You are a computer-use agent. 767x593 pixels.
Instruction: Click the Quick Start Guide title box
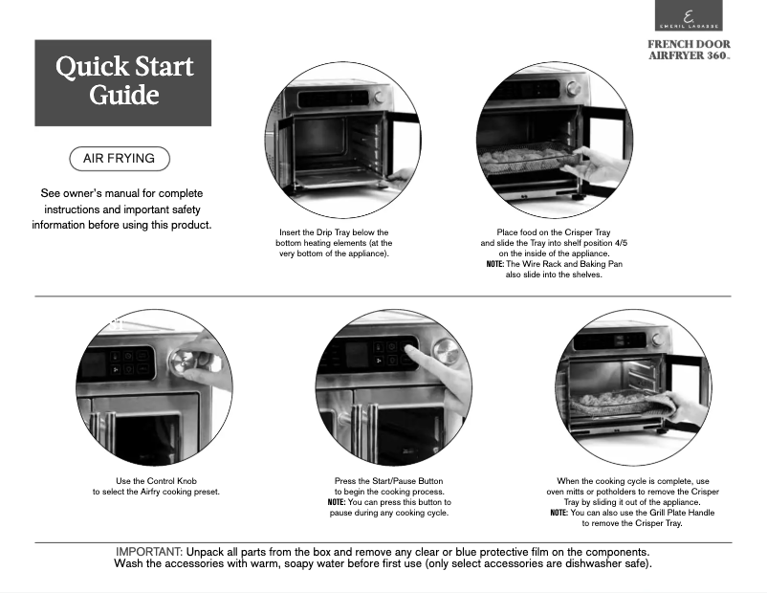pyautogui.click(x=122, y=82)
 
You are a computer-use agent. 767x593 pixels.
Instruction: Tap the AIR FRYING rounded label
pyautogui.click(x=119, y=159)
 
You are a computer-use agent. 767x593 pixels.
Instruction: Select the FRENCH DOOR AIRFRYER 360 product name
pyautogui.click(x=689, y=51)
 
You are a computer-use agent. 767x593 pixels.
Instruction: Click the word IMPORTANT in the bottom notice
pyautogui.click(x=148, y=552)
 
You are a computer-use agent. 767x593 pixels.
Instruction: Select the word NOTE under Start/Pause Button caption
pyautogui.click(x=337, y=502)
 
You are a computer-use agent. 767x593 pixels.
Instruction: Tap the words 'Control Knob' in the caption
pyautogui.click(x=189, y=480)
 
